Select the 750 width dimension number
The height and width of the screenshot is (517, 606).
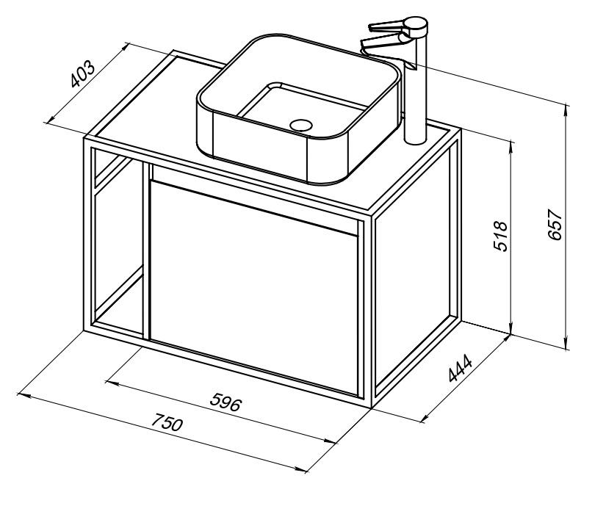pyautogui.click(x=166, y=422)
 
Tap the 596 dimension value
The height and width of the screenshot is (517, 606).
pyautogui.click(x=226, y=402)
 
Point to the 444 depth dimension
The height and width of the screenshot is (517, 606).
pyautogui.click(x=461, y=367)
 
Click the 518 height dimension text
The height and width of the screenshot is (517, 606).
pyautogui.click(x=501, y=236)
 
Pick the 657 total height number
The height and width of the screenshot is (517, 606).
pyautogui.click(x=555, y=225)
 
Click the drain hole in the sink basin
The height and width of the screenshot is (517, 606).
pyautogui.click(x=300, y=125)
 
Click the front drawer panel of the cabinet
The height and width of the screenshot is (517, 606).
pyautogui.click(x=253, y=286)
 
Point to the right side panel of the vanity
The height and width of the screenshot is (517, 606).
pyautogui.click(x=415, y=270)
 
